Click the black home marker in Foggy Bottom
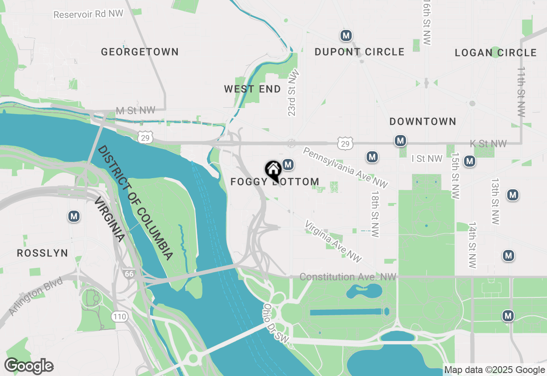pyautogui.click(x=273, y=170)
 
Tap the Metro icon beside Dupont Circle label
pyautogui.click(x=346, y=36)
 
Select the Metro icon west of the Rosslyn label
pyautogui.click(x=74, y=217)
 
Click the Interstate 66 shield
pyautogui.click(x=129, y=273)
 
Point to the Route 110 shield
pyautogui.click(x=119, y=317)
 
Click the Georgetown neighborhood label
pyautogui.click(x=140, y=52)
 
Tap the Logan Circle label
pyautogui.click(x=495, y=53)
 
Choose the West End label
pyautogui.click(x=252, y=89)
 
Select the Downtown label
pyautogui.click(x=423, y=122)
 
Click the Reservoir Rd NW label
pyautogui.click(x=88, y=14)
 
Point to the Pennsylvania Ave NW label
pyautogui.click(x=346, y=167)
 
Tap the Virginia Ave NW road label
pyautogui.click(x=333, y=241)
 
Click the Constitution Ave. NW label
pyautogui.click(x=348, y=277)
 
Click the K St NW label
pyautogui.click(x=488, y=144)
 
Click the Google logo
pyautogui.click(x=29, y=366)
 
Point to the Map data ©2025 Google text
pyautogui.click(x=494, y=370)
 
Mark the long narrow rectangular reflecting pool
pyautogui.click(x=346, y=312)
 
